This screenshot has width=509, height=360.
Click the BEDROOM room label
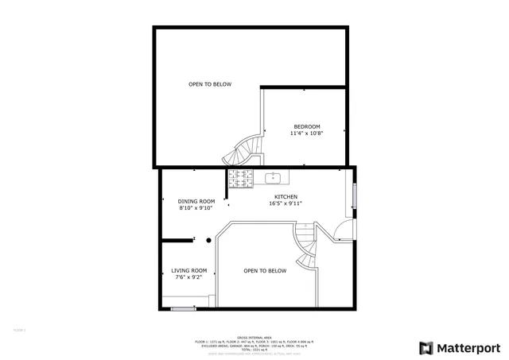pyautogui.click(x=306, y=127)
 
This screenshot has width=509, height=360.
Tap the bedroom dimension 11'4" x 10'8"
pyautogui.click(x=306, y=134)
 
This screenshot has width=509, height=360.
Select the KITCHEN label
pyautogui.click(x=286, y=197)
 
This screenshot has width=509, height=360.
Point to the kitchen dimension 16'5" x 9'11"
pyautogui.click(x=286, y=203)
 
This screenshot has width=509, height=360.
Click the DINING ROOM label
pyautogui.click(x=196, y=201)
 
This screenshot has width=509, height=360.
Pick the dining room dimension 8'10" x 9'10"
pyautogui.click(x=196, y=207)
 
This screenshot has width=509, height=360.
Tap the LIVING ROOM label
pyautogui.click(x=189, y=270)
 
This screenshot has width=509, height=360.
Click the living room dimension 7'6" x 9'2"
pyautogui.click(x=189, y=277)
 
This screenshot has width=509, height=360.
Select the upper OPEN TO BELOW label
pyautogui.click(x=210, y=84)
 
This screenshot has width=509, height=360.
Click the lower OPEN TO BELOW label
pyautogui.click(x=264, y=271)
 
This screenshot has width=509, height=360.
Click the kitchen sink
pyautogui.click(x=274, y=176)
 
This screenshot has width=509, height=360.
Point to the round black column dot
pyautogui.click(x=208, y=238)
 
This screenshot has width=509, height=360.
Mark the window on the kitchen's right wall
pyautogui.click(x=355, y=196)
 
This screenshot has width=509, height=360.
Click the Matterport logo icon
pyautogui.click(x=426, y=347)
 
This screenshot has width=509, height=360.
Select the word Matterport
pyautogui.click(x=468, y=347)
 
